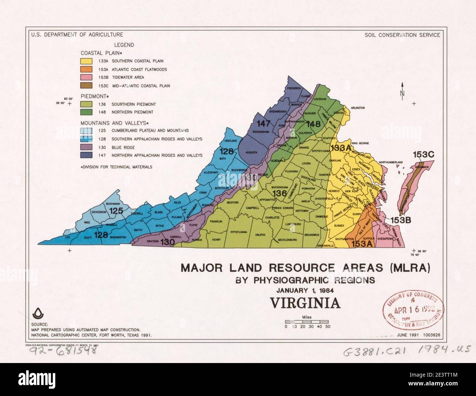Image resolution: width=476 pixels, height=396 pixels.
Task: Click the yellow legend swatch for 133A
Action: click(86, 61)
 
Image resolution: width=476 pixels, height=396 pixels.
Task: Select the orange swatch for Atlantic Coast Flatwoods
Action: click(86, 69)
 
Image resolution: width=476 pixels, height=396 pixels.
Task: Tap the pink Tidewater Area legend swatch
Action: click(86, 77)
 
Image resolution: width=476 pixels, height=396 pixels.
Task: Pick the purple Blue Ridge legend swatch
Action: click(86, 147)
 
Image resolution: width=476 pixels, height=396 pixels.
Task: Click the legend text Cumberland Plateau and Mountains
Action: click(150, 130)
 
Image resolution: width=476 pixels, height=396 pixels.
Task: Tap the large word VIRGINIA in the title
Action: click(305, 303)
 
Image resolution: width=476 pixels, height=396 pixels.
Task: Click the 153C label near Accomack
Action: click(423, 155)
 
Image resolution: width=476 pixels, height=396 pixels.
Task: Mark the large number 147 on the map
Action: click(263, 123)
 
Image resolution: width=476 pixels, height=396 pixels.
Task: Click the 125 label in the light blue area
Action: click(116, 211)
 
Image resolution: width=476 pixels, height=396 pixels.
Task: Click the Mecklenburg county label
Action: click(287, 240)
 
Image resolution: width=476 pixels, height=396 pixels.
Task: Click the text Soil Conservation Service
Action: click(402, 35)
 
